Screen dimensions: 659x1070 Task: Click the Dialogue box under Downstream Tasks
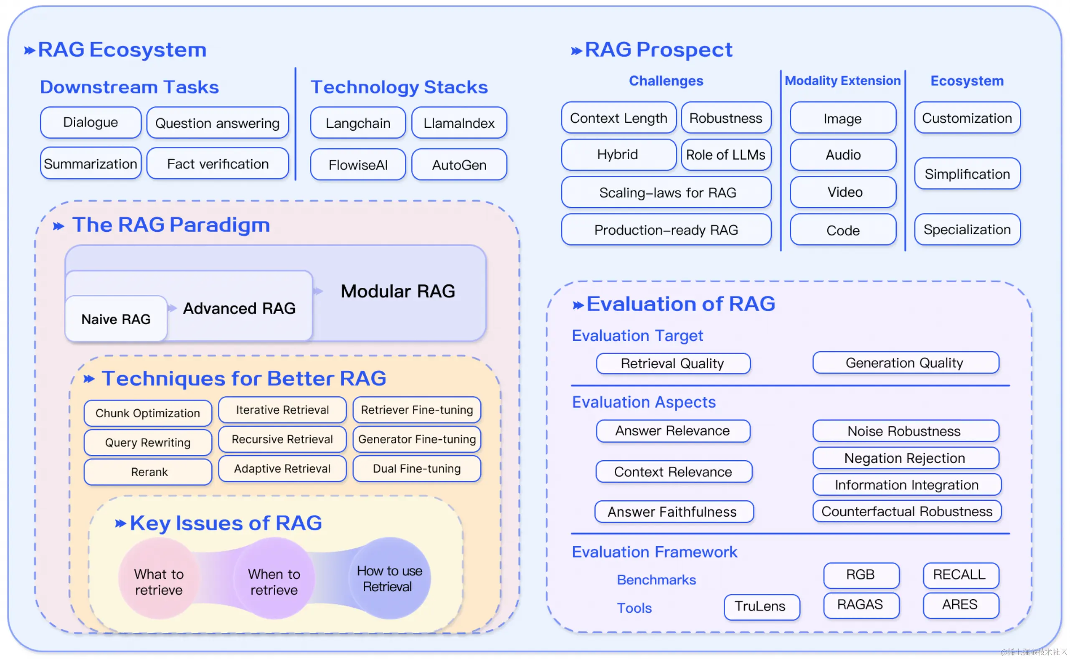[x=90, y=122]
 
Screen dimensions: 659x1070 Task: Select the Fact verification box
[x=218, y=164]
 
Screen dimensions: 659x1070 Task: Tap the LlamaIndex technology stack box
[x=459, y=123]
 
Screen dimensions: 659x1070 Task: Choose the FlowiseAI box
[x=358, y=165]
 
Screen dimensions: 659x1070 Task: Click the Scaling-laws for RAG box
[x=667, y=192]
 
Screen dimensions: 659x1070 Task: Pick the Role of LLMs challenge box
[x=726, y=155]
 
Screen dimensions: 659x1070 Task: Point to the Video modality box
[x=843, y=192]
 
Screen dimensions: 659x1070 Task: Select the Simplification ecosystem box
[x=967, y=174]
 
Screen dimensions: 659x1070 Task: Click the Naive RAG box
[x=116, y=319]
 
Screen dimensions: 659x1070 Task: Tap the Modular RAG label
[x=398, y=291]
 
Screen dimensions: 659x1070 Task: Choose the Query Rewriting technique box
[x=148, y=442]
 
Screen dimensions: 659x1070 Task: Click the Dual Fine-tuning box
[x=417, y=469]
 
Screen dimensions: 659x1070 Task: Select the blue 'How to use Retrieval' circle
[x=389, y=578]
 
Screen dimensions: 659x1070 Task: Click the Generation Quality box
[x=905, y=362]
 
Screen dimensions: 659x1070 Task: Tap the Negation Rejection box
[x=905, y=458]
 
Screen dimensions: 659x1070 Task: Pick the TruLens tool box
[x=761, y=606]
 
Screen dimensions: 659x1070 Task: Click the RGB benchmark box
[x=861, y=575]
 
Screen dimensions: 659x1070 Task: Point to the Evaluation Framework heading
[x=654, y=552]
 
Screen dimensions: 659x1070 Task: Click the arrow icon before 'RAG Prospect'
[x=576, y=51]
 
